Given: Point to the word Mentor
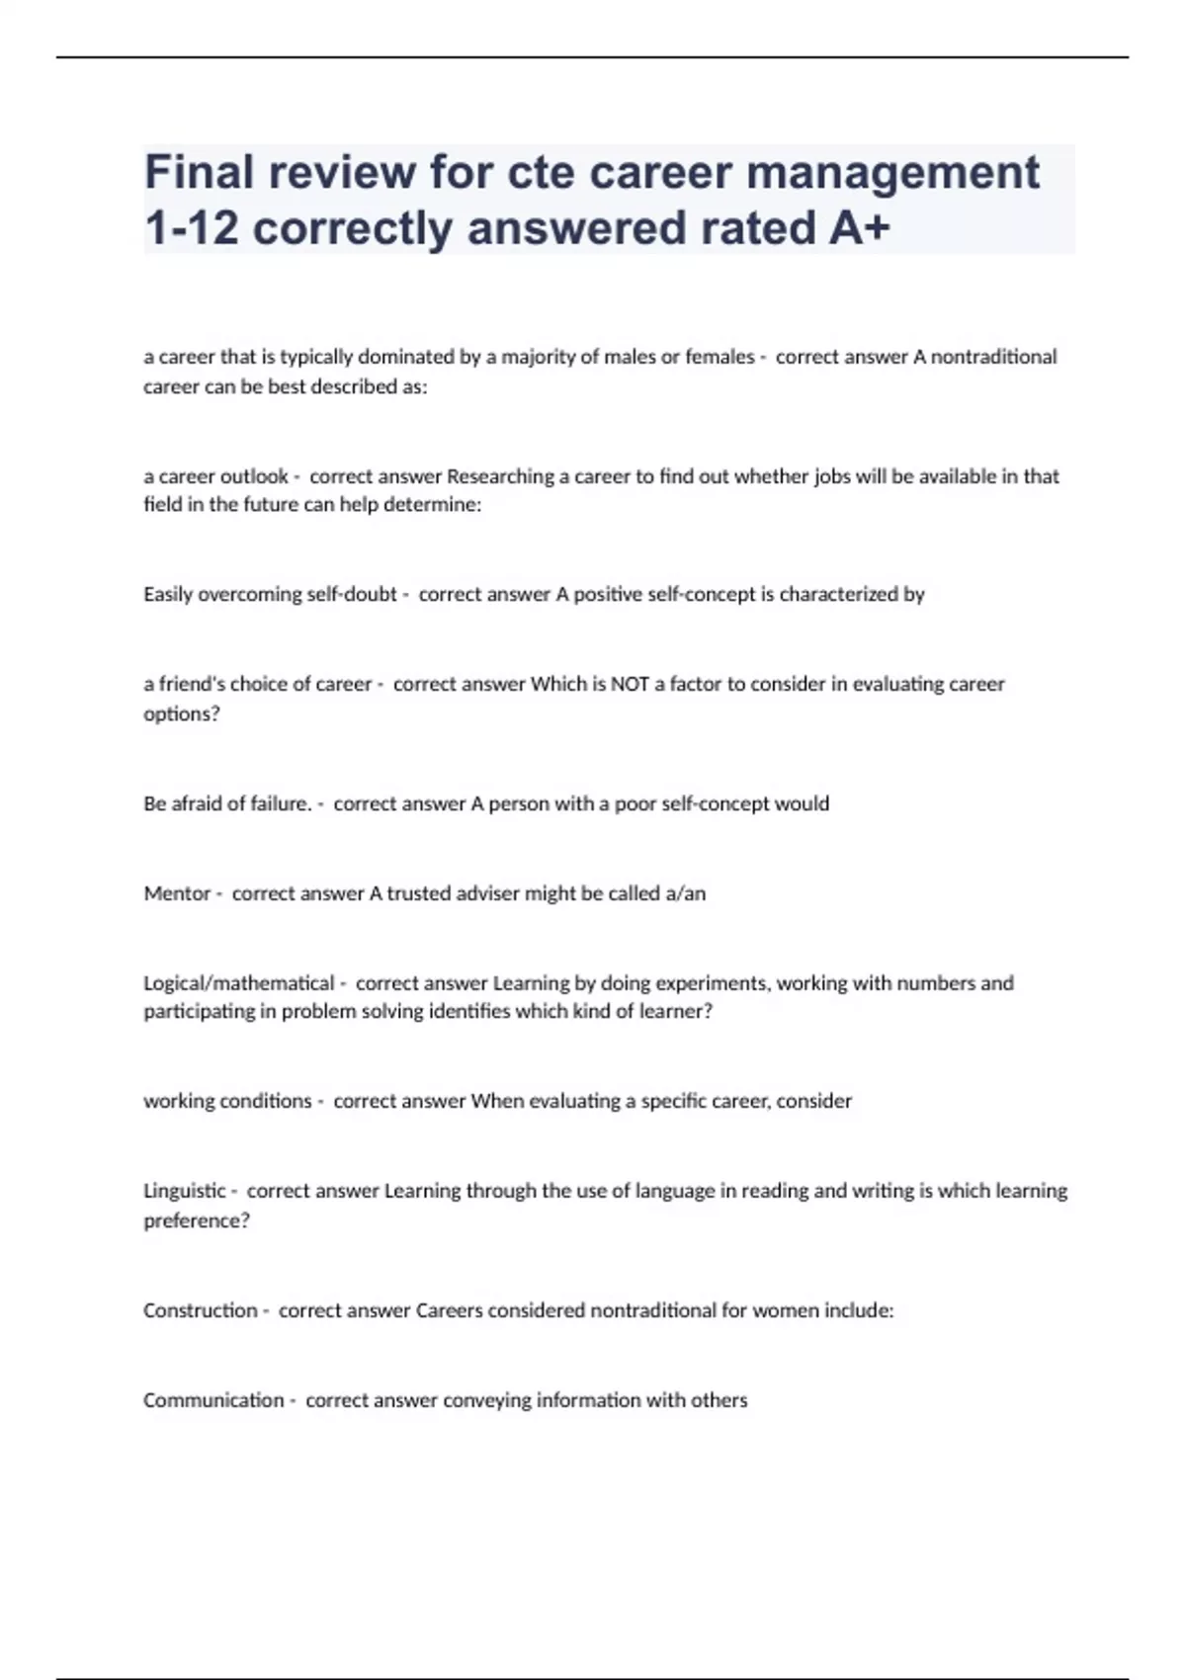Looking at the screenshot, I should click(177, 893).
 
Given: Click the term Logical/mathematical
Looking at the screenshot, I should click(239, 983).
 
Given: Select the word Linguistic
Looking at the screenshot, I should click(185, 1191).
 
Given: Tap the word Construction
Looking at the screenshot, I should click(201, 1310).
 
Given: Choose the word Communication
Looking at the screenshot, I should click(213, 1400).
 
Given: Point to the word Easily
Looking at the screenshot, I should click(168, 595).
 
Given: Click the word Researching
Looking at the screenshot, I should click(501, 476).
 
